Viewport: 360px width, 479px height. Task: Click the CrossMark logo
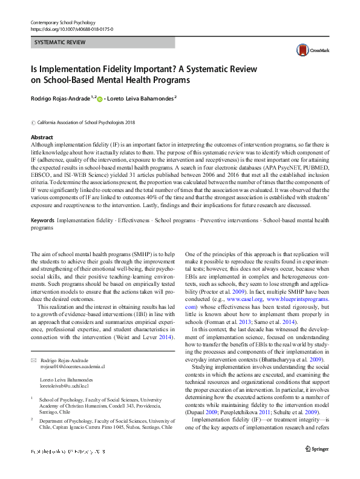pos(307,50)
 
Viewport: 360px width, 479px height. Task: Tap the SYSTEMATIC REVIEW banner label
pos(59,42)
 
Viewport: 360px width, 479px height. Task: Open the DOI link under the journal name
pos(71,29)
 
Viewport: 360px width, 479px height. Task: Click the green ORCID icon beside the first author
pos(100,97)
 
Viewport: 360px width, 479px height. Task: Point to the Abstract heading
pos(42,137)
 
